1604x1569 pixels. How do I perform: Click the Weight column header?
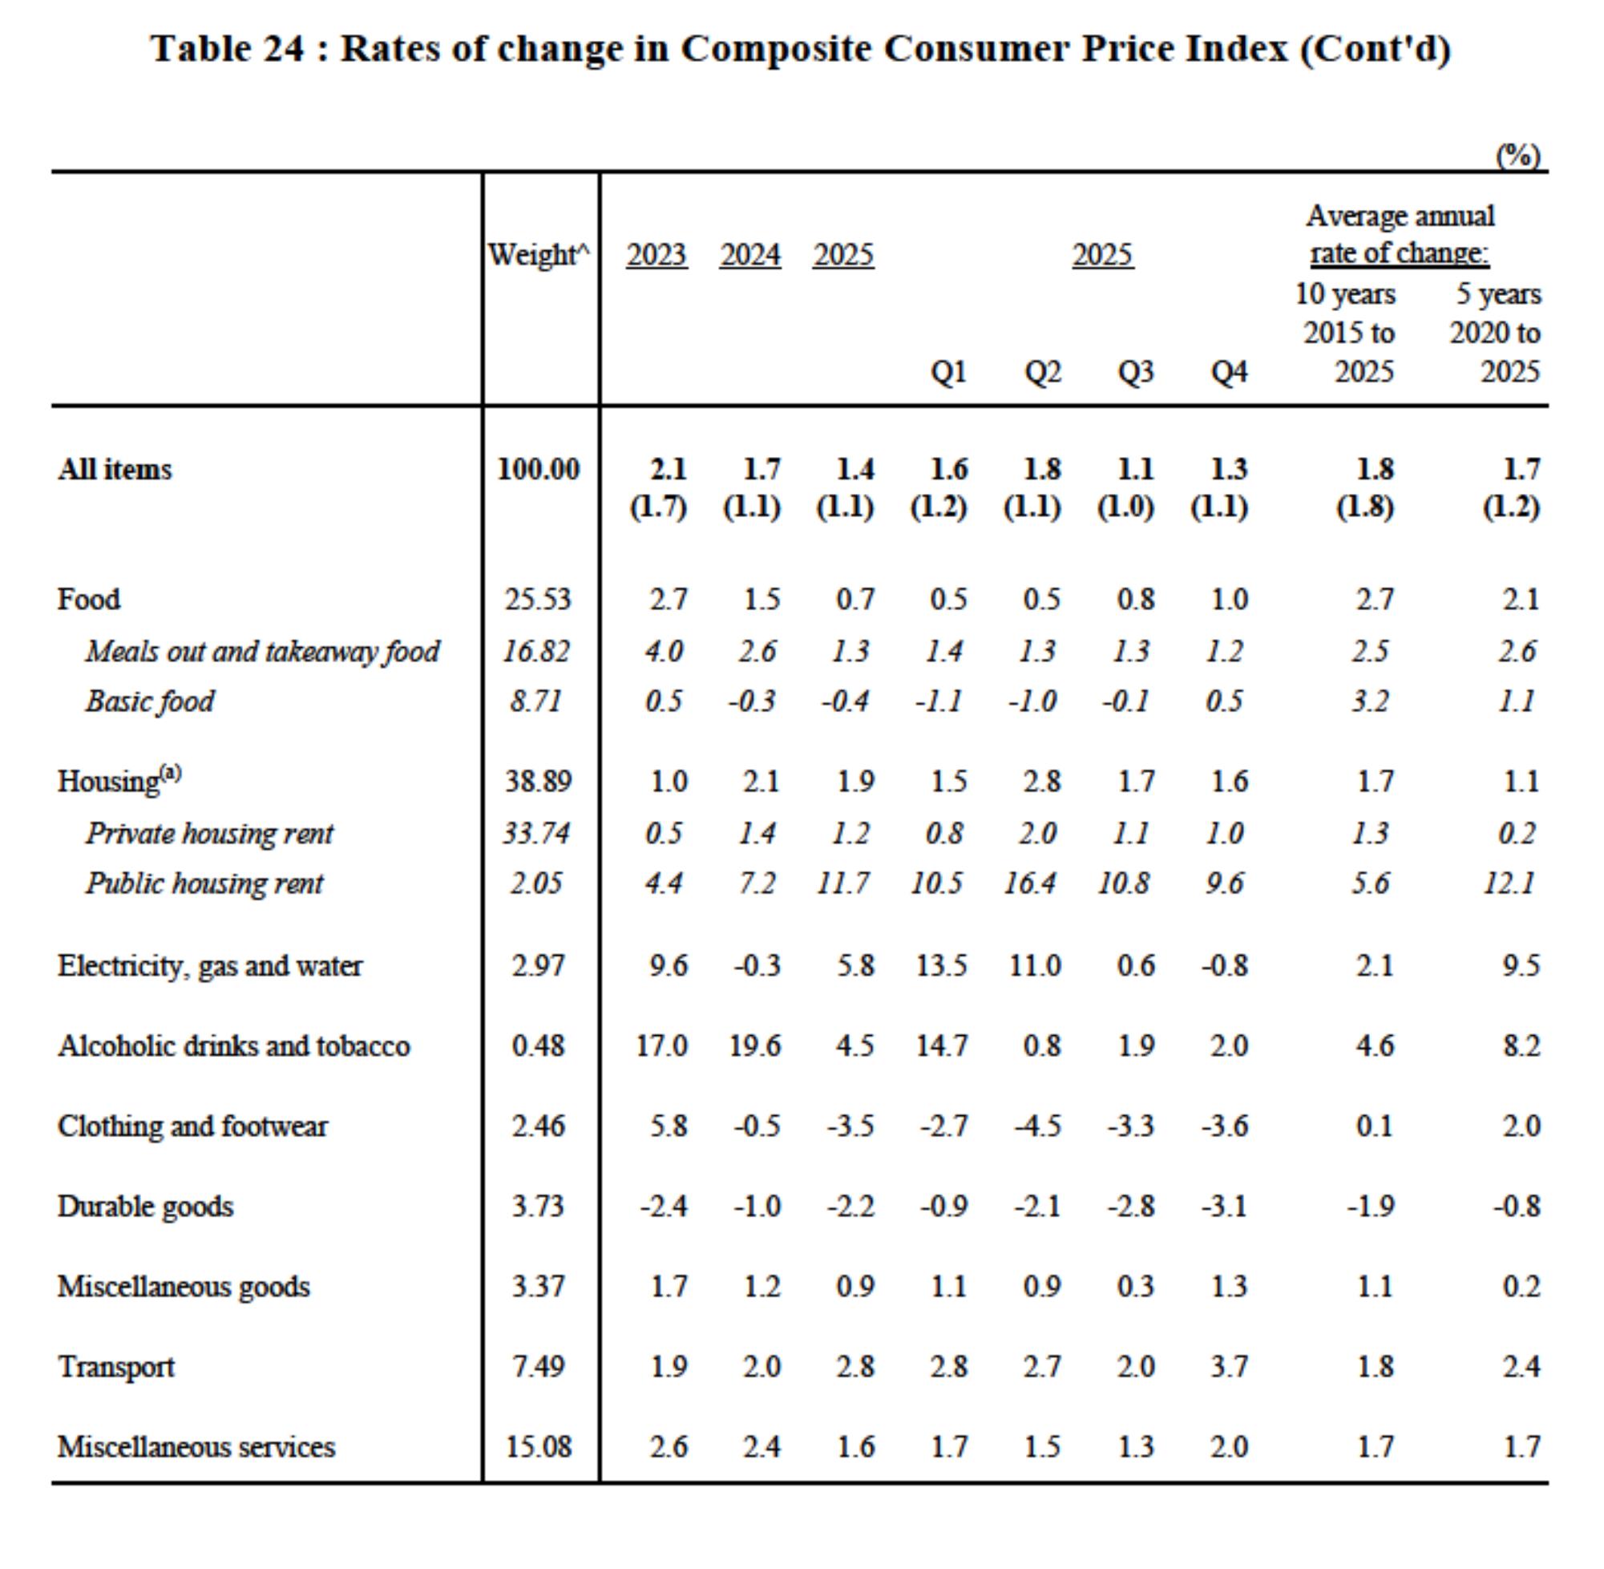tap(539, 255)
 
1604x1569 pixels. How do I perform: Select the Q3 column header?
tap(1135, 373)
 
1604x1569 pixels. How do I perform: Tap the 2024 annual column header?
tap(749, 255)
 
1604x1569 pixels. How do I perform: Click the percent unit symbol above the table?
tap(1518, 155)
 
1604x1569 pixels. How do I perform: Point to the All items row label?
tap(115, 469)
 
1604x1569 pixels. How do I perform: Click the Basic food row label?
tap(149, 702)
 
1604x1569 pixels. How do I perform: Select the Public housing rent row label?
tap(204, 884)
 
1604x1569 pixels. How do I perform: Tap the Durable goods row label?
tap(145, 1207)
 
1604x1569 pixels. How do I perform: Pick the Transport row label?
tap(116, 1367)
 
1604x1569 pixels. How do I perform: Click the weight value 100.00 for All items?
tap(538, 469)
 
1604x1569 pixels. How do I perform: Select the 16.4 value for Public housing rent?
tap(1031, 884)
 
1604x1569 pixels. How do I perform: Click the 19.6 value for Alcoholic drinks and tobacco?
tap(754, 1045)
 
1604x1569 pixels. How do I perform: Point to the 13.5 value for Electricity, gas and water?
tap(942, 965)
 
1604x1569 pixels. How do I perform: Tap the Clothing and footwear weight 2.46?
tap(538, 1126)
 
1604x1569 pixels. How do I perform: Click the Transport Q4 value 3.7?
tap(1229, 1367)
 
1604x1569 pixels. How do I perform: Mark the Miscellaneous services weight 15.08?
tap(538, 1447)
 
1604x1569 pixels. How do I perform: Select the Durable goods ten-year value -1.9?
tap(1370, 1207)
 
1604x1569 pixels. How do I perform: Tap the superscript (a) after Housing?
tap(170, 773)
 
